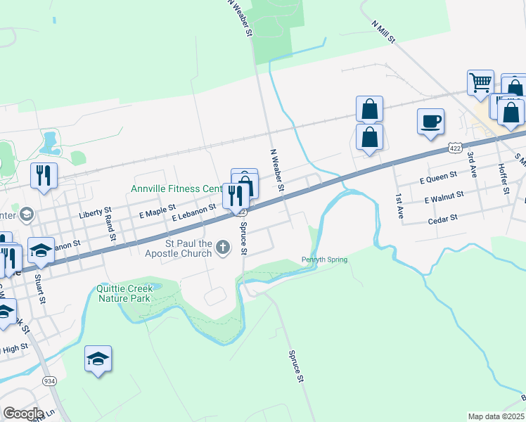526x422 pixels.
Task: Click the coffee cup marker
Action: pyautogui.click(x=430, y=121)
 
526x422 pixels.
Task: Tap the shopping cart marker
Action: pyautogui.click(x=481, y=82)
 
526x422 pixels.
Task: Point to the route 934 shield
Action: pyautogui.click(x=49, y=381)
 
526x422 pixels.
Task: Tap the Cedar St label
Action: pyautogui.click(x=442, y=219)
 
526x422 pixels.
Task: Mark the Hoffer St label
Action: pyautogui.click(x=503, y=180)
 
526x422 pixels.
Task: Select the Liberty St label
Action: pyautogui.click(x=96, y=211)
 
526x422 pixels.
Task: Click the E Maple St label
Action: pyautogui.click(x=157, y=210)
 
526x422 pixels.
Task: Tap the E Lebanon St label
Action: pyautogui.click(x=193, y=212)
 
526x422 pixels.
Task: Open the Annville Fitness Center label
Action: pyautogui.click(x=176, y=188)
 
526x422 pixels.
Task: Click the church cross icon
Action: pyautogui.click(x=223, y=246)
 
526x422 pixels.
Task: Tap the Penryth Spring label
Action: pyautogui.click(x=325, y=260)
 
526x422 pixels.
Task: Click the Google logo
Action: pyautogui.click(x=23, y=414)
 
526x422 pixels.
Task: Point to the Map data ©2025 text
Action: pyautogui.click(x=496, y=416)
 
